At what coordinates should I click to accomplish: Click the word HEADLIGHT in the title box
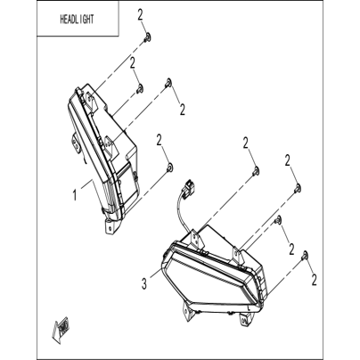tap(77, 20)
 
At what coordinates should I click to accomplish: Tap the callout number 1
tap(75, 195)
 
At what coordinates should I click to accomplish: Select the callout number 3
tap(144, 284)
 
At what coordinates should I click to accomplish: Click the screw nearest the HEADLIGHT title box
tap(147, 37)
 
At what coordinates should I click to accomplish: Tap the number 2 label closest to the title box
tap(141, 15)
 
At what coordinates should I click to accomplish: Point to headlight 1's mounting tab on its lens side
tap(75, 143)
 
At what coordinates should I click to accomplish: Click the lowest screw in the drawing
tap(305, 255)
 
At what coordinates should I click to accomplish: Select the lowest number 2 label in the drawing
tap(314, 280)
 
